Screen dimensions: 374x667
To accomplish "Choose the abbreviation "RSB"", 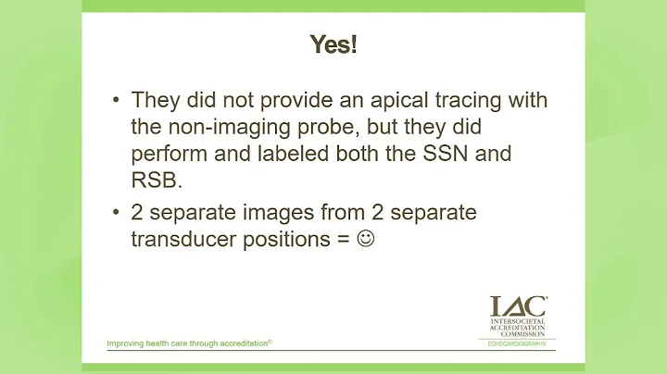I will point(154,178).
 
